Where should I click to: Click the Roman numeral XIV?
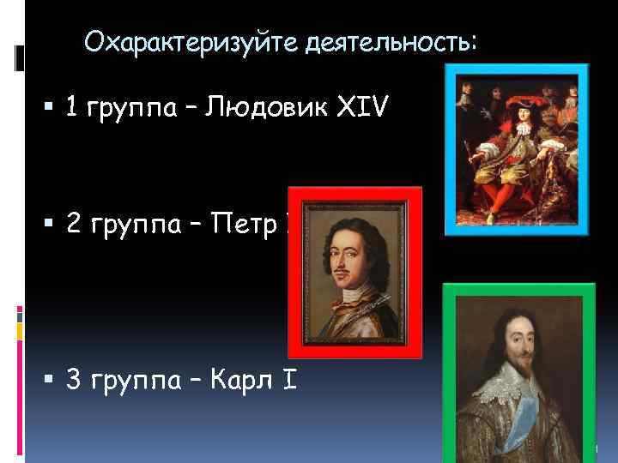pyautogui.click(x=360, y=109)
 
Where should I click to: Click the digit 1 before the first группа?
pyautogui.click(x=73, y=109)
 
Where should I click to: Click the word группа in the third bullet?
pyautogui.click(x=136, y=377)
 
